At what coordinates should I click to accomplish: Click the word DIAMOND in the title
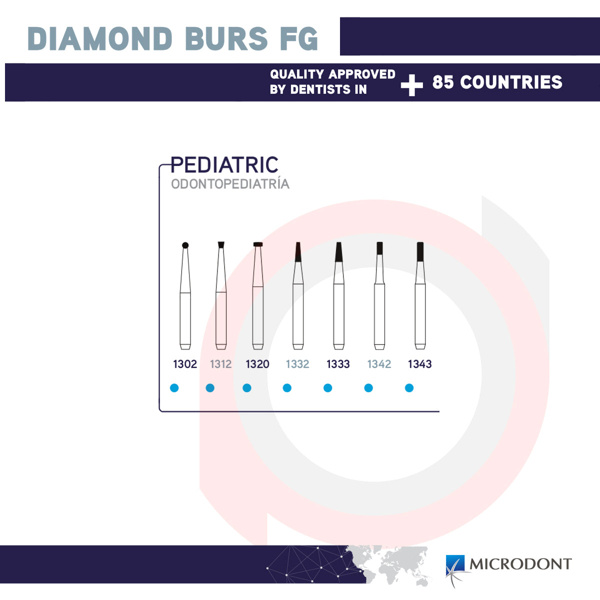(x=99, y=38)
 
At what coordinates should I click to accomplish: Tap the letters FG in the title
(x=299, y=38)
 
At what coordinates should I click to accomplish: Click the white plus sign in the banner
(x=411, y=85)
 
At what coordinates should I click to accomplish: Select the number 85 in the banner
(x=443, y=82)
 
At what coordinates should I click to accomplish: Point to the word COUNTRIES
(x=511, y=82)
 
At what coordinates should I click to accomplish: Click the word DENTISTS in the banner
(x=320, y=89)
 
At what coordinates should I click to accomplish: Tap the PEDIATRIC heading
(x=224, y=164)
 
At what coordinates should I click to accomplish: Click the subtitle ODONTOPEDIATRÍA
(x=230, y=183)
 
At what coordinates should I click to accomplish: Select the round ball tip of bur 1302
(x=185, y=245)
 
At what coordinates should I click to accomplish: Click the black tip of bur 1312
(x=221, y=244)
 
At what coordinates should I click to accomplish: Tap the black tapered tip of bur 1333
(x=339, y=252)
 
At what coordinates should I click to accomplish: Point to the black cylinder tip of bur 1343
(x=420, y=251)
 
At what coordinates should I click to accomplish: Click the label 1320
(x=257, y=364)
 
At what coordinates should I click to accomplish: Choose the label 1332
(x=297, y=364)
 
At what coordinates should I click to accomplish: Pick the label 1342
(x=379, y=364)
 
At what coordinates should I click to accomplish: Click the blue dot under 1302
(x=174, y=388)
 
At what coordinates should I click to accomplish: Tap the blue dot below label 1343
(x=409, y=388)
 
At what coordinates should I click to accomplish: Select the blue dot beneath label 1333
(x=328, y=388)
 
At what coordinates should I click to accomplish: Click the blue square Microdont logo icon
(x=455, y=565)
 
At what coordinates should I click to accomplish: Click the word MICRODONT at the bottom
(x=520, y=564)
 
